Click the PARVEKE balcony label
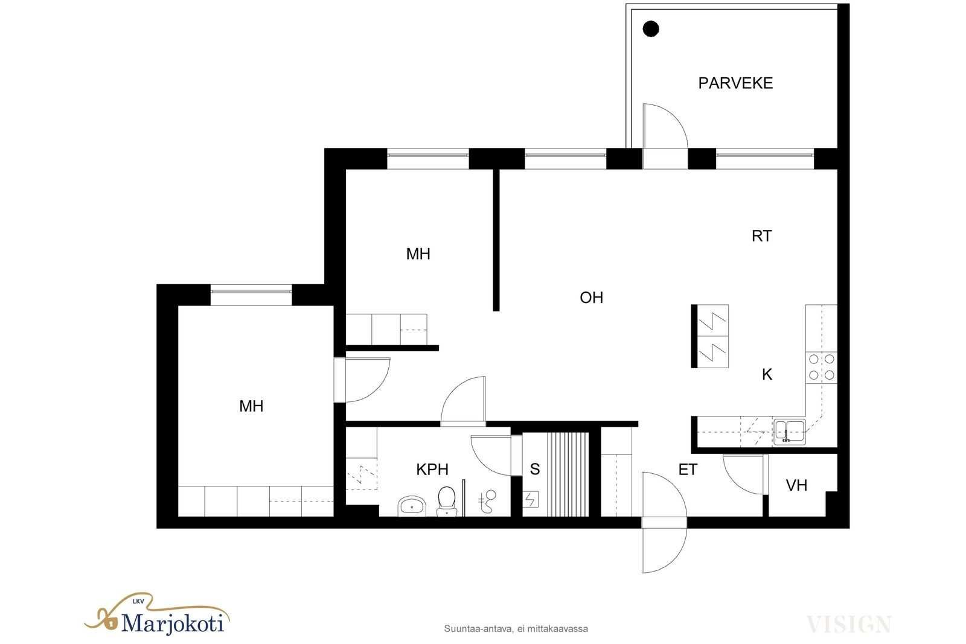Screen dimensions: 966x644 point(735,83)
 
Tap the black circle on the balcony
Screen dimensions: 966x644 point(651,29)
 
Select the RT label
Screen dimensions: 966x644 point(761,236)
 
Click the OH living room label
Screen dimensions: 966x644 point(591,298)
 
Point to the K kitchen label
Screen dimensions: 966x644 point(767,375)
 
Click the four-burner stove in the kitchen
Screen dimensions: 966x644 point(821,367)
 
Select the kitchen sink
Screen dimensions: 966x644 point(789,432)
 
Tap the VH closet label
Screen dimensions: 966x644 point(796,486)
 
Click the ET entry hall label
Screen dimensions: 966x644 point(688,470)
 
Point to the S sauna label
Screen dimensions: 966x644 point(535,469)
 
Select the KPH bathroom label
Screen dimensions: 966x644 point(432,470)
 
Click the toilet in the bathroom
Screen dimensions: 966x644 point(446,501)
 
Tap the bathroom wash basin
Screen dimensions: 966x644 point(412,506)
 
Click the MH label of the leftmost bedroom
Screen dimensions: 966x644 point(251,406)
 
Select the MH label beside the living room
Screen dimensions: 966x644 point(418,254)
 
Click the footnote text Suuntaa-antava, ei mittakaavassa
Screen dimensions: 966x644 point(516,629)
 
